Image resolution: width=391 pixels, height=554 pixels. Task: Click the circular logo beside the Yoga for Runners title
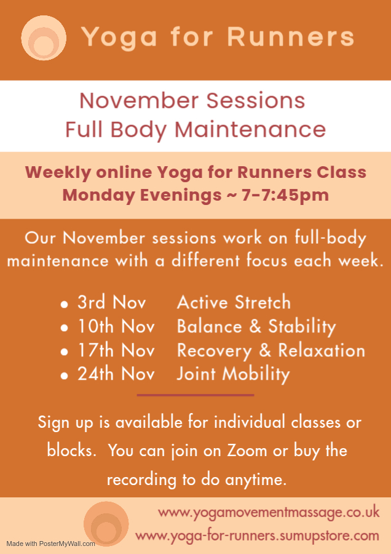[x=44, y=38]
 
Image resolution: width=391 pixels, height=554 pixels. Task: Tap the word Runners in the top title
[x=290, y=36]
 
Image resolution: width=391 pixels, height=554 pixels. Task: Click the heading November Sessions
[x=192, y=101]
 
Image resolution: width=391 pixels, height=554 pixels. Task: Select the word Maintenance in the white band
[x=250, y=129]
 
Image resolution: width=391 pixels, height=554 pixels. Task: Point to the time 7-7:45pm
[x=285, y=195]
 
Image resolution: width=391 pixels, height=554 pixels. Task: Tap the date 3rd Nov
[x=111, y=302]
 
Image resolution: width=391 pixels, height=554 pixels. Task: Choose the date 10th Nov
[x=116, y=326]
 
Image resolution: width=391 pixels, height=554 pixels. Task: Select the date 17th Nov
[x=116, y=350]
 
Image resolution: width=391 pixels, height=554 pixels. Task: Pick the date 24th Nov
[x=116, y=374]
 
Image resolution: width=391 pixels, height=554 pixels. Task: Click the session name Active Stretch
[x=234, y=302]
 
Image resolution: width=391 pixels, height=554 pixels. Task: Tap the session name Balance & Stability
[x=256, y=327]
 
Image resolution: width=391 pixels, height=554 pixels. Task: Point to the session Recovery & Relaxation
[x=271, y=351]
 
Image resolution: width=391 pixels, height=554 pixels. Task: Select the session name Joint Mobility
[x=233, y=374]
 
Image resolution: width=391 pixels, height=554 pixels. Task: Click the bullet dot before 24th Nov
[x=64, y=375]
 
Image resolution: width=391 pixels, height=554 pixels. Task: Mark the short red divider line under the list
[x=195, y=395]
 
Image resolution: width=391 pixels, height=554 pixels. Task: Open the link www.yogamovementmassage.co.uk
[x=269, y=513]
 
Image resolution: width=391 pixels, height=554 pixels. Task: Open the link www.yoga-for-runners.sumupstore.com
[x=257, y=536]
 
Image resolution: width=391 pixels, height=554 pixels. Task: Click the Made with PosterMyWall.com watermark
[x=51, y=544]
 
